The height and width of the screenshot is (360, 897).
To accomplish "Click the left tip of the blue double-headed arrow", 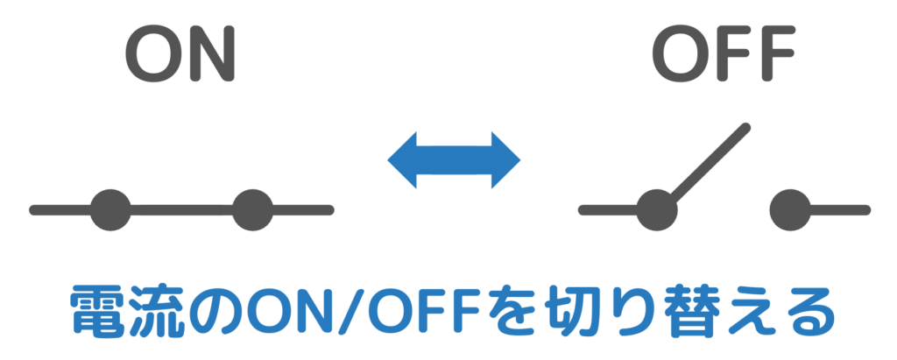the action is pyautogui.click(x=388, y=160).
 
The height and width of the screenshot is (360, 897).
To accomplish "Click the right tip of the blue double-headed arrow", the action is pyautogui.click(x=520, y=160).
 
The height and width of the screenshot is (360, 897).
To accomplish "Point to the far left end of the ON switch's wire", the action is pyautogui.click(x=33, y=210).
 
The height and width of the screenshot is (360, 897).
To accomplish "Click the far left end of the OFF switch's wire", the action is pyautogui.click(x=583, y=210).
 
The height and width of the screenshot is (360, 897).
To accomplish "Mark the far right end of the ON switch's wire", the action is pyautogui.click(x=329, y=210).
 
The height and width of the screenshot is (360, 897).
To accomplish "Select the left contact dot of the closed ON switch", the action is pyautogui.click(x=110, y=210).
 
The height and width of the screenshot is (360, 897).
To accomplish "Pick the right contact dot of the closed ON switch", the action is pyautogui.click(x=253, y=210).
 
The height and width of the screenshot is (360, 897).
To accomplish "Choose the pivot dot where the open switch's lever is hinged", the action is pyautogui.click(x=657, y=210).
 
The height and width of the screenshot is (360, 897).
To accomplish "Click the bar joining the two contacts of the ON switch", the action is pyautogui.click(x=182, y=210).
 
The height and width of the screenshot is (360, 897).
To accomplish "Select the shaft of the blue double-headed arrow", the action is pyautogui.click(x=455, y=160).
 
